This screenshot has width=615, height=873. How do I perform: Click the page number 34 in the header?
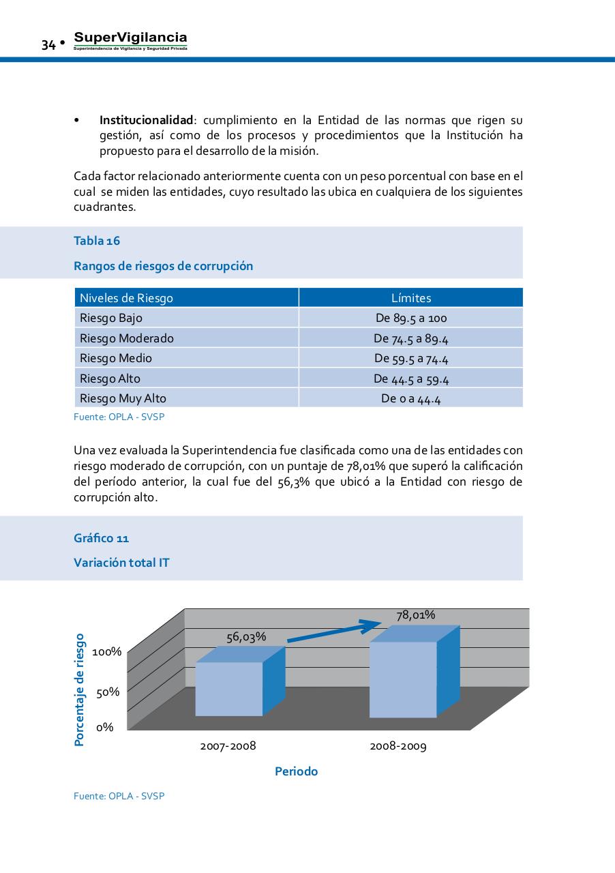click(x=48, y=45)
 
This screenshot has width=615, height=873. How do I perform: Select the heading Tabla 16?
click(x=97, y=241)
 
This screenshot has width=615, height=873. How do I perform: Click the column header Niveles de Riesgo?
click(x=127, y=298)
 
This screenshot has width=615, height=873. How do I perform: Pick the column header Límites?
click(x=411, y=298)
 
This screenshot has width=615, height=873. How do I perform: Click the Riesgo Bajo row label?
click(x=111, y=318)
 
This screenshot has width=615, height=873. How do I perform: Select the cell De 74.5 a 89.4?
click(x=411, y=338)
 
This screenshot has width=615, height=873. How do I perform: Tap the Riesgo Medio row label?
click(x=116, y=358)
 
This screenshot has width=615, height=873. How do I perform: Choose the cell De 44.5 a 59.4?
click(x=411, y=379)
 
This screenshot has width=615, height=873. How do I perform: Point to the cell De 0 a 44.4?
click(x=411, y=399)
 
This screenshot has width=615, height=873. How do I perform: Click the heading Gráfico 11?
click(x=101, y=538)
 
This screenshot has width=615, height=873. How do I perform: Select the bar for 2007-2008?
click(x=229, y=689)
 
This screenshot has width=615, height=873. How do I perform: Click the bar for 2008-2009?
click(x=403, y=679)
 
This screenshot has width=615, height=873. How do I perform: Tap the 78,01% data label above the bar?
click(x=416, y=615)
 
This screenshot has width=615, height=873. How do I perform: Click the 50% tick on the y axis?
click(x=108, y=692)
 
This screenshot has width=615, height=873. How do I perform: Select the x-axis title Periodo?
click(x=297, y=771)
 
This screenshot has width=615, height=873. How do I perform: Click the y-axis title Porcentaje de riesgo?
click(x=80, y=690)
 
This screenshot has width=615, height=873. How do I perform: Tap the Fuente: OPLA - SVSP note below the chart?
click(x=119, y=796)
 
